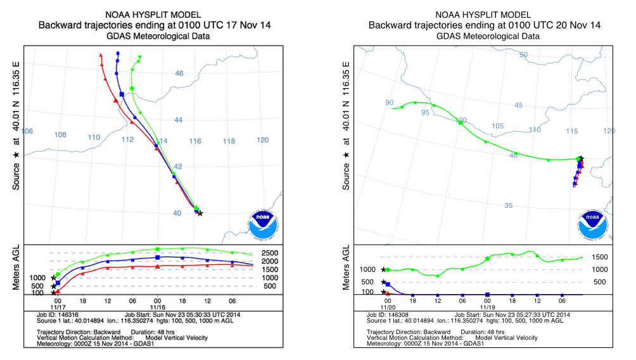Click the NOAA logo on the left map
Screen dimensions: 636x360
click(263, 224)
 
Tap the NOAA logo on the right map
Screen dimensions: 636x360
click(593, 224)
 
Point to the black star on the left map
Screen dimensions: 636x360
click(200, 213)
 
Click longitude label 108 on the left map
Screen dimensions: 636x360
click(60, 134)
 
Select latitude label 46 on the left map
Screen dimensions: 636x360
click(179, 74)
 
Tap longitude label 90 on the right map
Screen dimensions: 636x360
click(389, 103)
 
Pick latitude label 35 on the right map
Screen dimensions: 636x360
click(508, 205)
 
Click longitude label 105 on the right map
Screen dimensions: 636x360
click(498, 126)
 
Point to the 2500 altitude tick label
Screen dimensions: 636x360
click(270, 253)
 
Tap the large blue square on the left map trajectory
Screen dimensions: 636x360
click(122, 94)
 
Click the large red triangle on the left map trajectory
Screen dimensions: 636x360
click(115, 100)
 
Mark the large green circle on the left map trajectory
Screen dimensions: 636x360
click(131, 89)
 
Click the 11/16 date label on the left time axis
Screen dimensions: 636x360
click(158, 307)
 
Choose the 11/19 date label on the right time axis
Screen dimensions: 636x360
click(488, 307)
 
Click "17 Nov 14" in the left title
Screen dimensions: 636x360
click(248, 25)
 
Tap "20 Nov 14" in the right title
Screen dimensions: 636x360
click(578, 25)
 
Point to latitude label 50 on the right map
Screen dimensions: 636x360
click(524, 55)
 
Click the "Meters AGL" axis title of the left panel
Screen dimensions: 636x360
click(16, 267)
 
